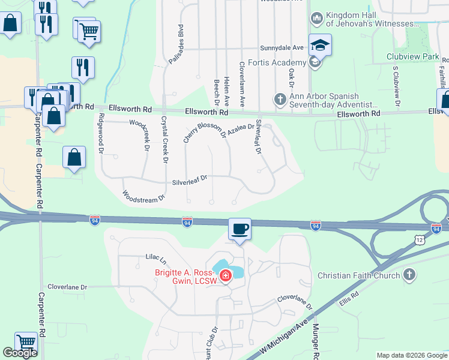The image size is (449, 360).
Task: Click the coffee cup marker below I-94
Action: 240,229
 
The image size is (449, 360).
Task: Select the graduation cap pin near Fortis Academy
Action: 320,45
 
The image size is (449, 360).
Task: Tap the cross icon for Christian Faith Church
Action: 409,275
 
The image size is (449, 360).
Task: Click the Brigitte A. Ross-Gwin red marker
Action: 226,277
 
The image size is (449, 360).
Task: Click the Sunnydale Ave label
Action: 282,47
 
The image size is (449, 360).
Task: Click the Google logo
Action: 20,353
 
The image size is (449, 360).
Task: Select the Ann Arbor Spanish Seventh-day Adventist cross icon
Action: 279,100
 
